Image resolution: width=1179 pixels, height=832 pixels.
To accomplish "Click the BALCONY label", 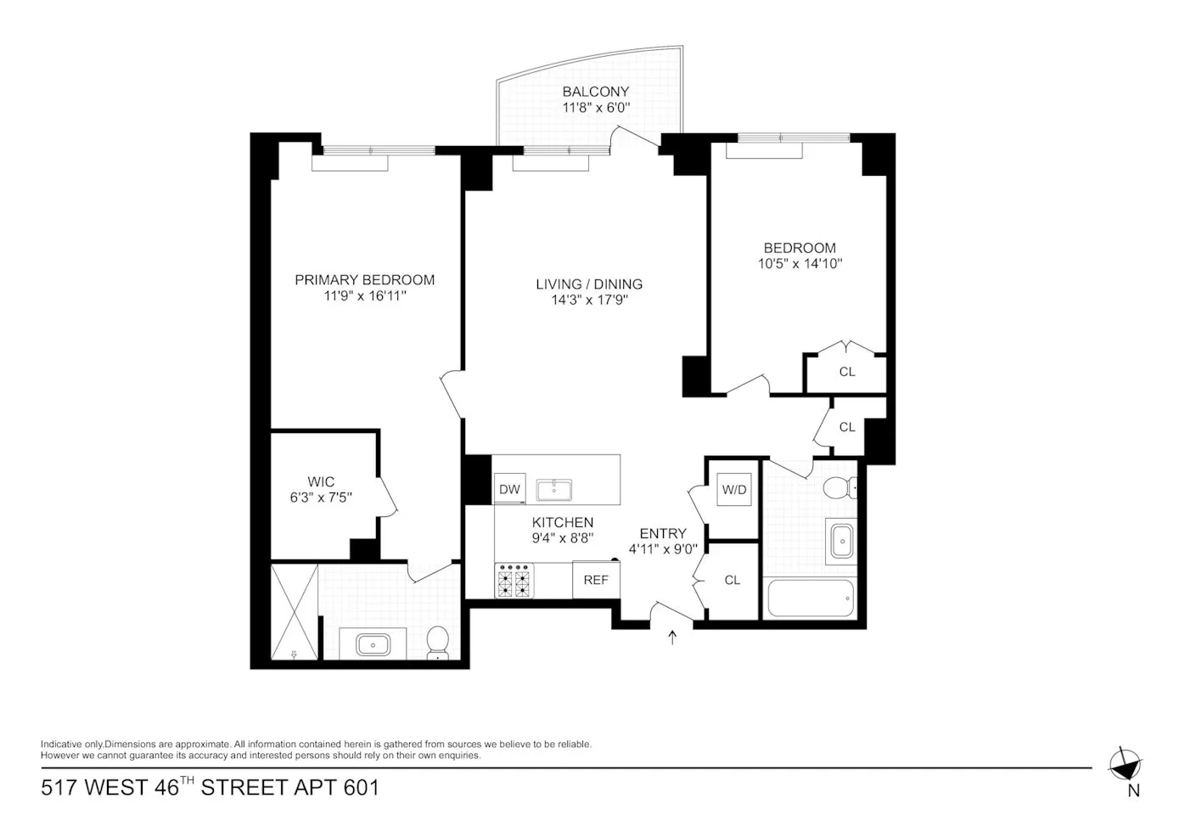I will (x=596, y=92).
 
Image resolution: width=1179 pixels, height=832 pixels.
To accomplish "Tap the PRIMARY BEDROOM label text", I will (x=364, y=280).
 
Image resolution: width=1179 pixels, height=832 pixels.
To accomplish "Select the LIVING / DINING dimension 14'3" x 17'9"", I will (x=589, y=300).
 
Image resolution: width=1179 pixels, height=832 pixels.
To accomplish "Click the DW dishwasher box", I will (x=509, y=490).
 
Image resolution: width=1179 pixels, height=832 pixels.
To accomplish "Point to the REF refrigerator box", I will (x=596, y=581).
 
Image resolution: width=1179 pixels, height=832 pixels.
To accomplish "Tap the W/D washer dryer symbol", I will (x=734, y=490).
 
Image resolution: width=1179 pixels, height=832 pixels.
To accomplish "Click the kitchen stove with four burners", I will (x=514, y=582).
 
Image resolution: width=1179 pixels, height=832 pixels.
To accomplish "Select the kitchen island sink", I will (x=553, y=489).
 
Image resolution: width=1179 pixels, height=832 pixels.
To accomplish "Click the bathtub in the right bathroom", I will (x=810, y=599).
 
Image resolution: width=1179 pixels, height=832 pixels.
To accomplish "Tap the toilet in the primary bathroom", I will (x=438, y=642).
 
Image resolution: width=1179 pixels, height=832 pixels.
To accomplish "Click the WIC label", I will (x=321, y=481).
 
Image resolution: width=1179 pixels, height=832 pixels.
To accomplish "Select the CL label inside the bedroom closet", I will (x=847, y=372).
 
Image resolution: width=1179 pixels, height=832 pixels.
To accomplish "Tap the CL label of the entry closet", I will (x=733, y=580).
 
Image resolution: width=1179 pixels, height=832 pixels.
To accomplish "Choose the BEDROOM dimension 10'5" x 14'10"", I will (x=800, y=264).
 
